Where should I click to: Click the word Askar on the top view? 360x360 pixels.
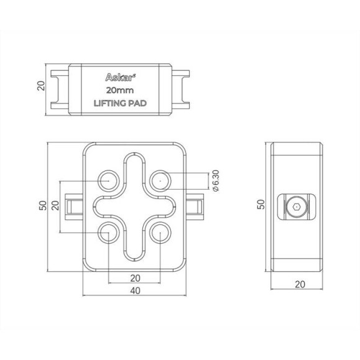click(x=118, y=78)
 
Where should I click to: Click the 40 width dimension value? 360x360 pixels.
click(x=134, y=291)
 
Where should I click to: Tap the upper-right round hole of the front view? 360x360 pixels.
click(x=160, y=180)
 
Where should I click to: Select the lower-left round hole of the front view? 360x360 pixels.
click(x=108, y=233)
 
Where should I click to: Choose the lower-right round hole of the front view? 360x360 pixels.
click(x=160, y=233)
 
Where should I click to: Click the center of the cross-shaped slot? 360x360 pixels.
click(x=134, y=206)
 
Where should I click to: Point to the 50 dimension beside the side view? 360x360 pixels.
click(x=261, y=205)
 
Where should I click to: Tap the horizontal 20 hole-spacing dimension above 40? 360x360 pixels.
click(x=134, y=277)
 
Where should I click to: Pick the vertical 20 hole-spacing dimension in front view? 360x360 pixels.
click(x=55, y=206)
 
